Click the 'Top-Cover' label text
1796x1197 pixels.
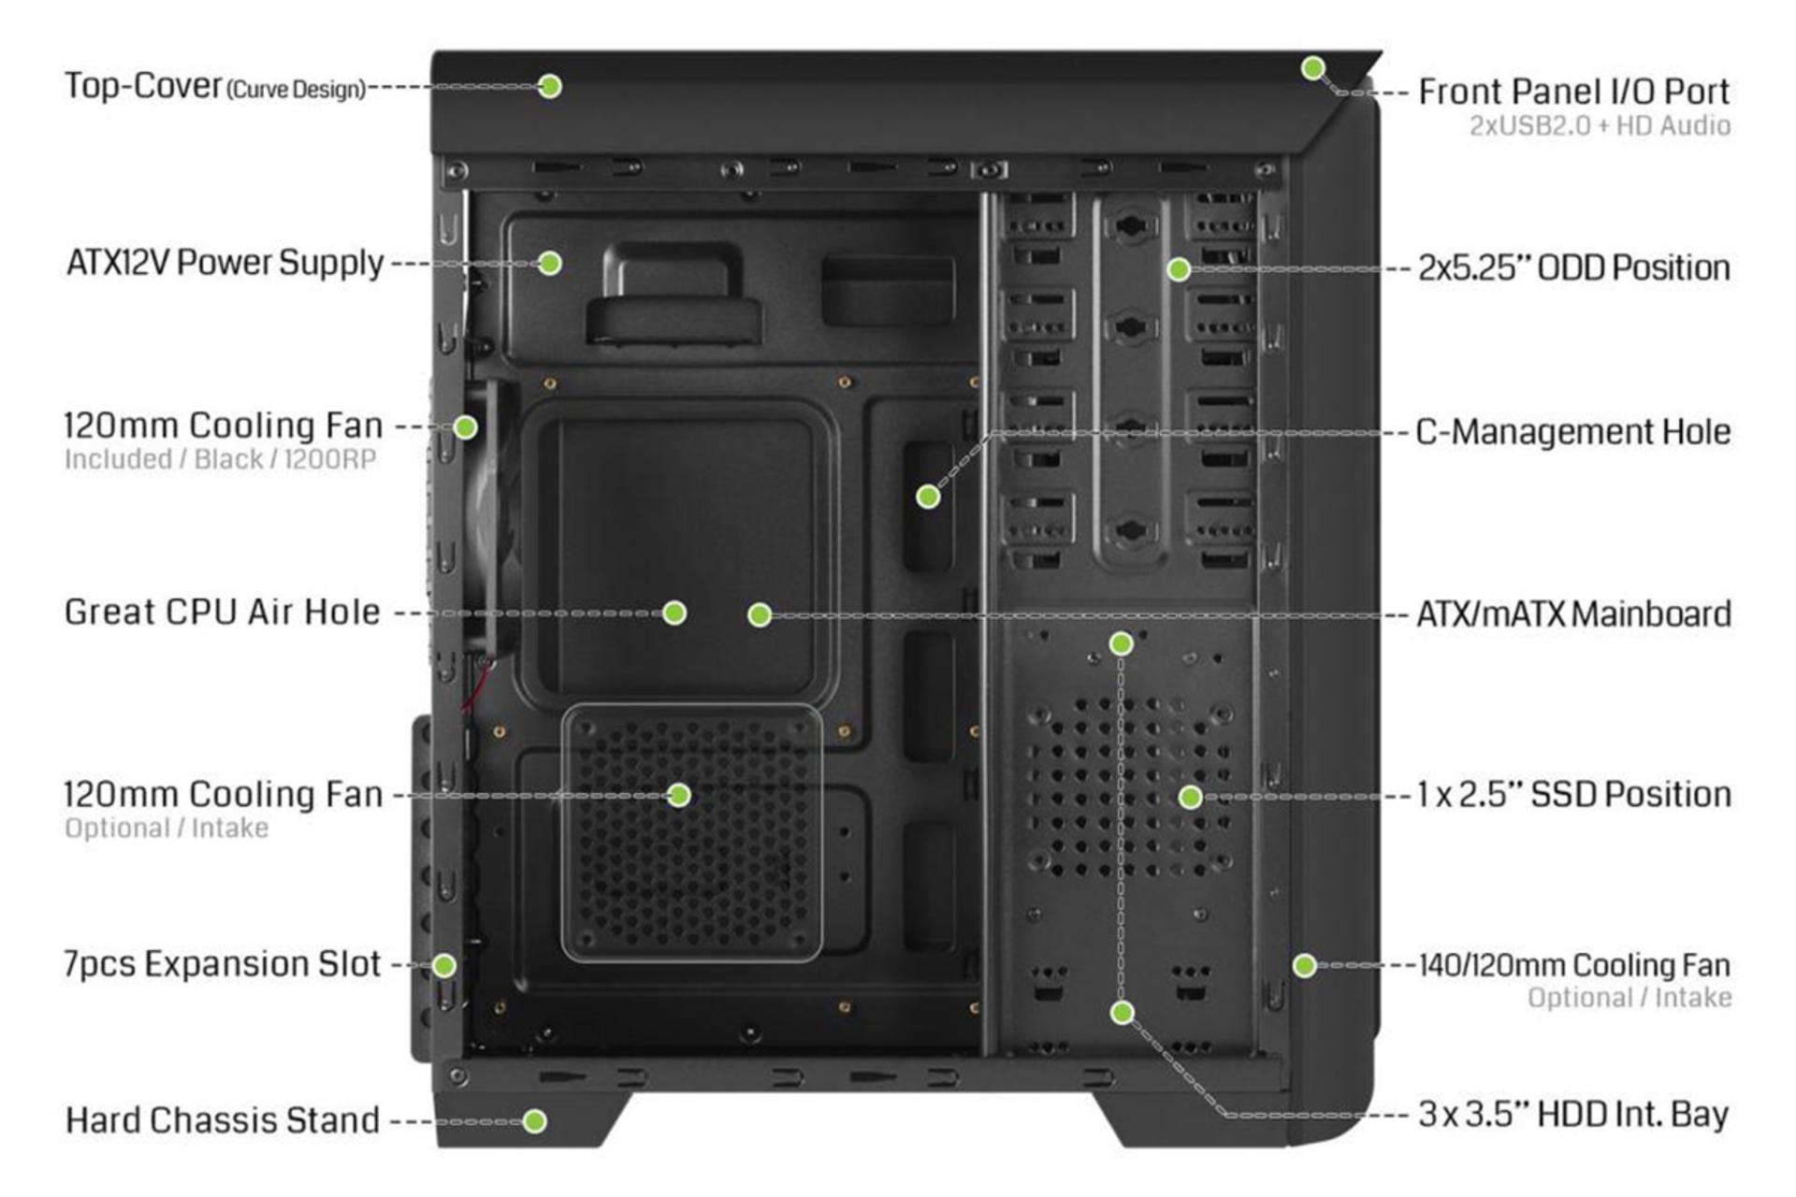[142, 86]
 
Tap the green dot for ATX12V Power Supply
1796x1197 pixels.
[550, 263]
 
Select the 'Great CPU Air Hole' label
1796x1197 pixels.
[223, 613]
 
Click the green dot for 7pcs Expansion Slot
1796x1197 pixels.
[444, 965]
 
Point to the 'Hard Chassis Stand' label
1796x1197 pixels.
[223, 1120]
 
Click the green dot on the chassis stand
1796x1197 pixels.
[535, 1121]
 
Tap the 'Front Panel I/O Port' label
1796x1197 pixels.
[1574, 92]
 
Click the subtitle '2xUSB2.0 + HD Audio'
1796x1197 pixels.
[1600, 126]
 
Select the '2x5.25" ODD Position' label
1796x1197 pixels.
[1574, 268]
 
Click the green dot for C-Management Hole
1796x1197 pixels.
[928, 497]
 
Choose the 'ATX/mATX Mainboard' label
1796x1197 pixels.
[1574, 614]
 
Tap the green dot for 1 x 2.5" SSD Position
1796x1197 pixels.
[1190, 797]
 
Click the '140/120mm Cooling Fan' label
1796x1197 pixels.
[1574, 965]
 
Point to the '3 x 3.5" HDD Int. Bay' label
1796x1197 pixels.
[1573, 1115]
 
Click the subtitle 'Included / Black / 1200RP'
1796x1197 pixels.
[221, 460]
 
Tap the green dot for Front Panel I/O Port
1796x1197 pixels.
[1313, 67]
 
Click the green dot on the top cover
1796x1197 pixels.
[550, 86]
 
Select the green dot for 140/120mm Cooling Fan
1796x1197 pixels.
[1305, 965]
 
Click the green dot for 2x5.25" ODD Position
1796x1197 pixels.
[1179, 269]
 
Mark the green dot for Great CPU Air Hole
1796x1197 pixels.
[674, 613]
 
